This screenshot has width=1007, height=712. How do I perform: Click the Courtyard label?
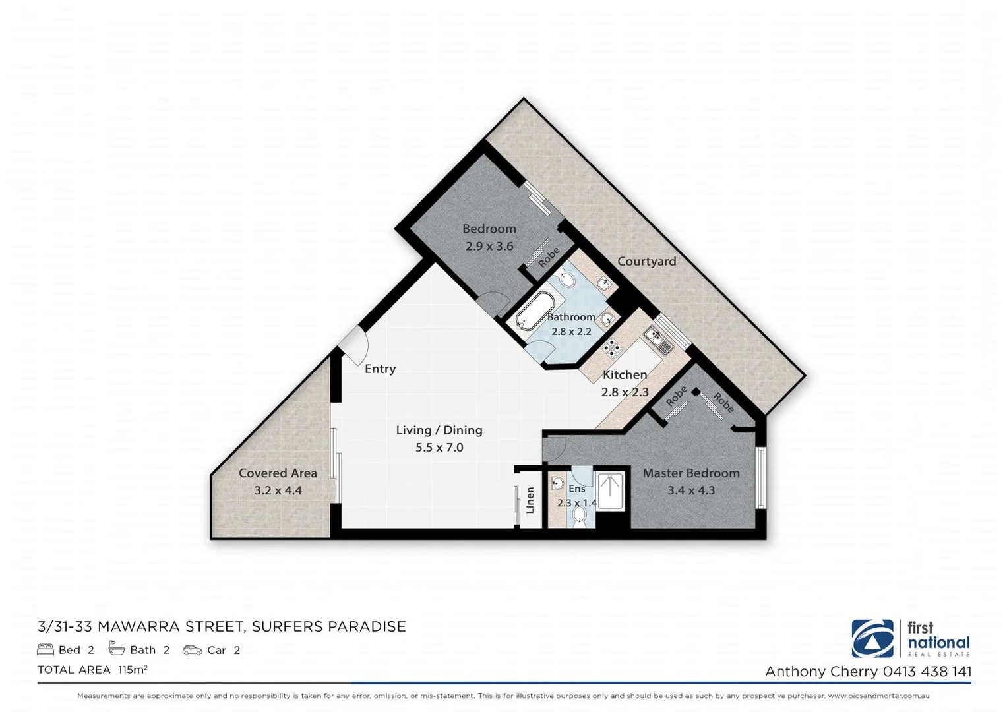646,261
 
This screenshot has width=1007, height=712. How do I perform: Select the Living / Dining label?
439,430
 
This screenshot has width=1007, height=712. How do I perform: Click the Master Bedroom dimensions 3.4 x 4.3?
691,490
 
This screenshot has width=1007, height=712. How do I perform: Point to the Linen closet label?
530,500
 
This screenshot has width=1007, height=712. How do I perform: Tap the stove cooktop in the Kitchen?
611,347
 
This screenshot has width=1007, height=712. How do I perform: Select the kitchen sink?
657,339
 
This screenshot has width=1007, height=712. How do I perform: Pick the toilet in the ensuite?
580,520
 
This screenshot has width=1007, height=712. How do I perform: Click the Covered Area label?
278,473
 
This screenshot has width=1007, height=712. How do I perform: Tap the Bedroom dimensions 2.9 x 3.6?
489,246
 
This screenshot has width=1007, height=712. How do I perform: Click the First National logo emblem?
872,638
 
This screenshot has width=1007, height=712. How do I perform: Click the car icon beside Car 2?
193,650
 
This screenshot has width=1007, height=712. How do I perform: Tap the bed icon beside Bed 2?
46,649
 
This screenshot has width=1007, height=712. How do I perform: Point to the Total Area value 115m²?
133,669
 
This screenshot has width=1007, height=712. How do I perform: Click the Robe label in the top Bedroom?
549,257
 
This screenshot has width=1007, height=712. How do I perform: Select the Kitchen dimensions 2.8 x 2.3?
625,392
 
